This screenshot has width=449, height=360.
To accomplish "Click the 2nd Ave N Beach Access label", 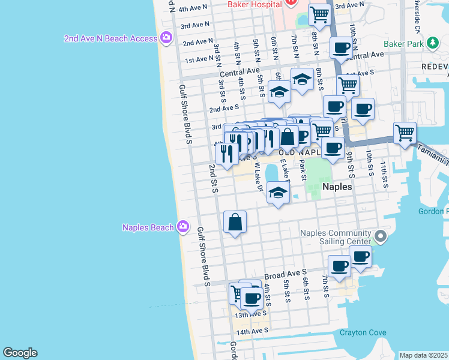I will [111, 39].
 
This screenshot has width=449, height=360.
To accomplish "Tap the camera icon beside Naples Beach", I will [183, 227].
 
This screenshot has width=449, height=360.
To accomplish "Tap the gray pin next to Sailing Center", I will [379, 237].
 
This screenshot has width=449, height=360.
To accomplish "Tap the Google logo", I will [20, 353].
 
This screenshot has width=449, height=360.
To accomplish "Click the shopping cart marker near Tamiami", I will [405, 132].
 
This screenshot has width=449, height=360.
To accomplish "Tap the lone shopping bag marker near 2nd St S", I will [235, 222].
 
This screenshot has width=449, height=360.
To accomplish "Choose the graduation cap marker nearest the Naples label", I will [278, 193].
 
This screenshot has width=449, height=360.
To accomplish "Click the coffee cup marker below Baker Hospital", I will [342, 47].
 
